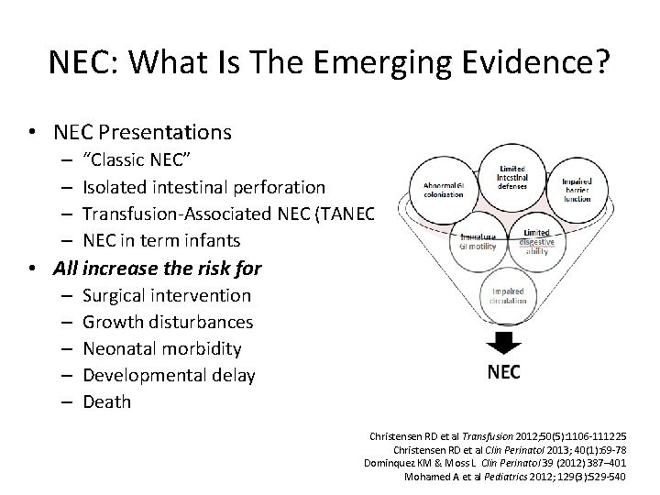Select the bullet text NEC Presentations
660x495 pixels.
pos(156,132)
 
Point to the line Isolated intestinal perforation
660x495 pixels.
pos(203,187)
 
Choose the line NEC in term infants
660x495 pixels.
pos(161,240)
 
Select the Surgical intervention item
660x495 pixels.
pos(166,295)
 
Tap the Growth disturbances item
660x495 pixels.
pos(168,322)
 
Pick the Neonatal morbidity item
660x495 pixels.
pos(162,348)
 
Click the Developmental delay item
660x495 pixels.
pos(169,375)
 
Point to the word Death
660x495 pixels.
pos(106,401)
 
